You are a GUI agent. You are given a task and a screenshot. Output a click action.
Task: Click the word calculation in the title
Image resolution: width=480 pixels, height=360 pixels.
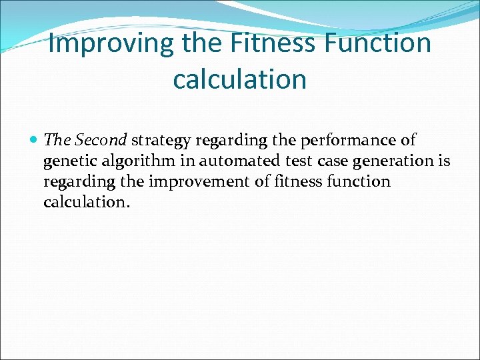click(239, 79)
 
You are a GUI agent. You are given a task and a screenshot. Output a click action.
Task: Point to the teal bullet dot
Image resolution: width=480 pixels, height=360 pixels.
click(34, 141)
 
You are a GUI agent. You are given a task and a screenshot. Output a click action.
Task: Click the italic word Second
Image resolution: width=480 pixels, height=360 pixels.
click(101, 140)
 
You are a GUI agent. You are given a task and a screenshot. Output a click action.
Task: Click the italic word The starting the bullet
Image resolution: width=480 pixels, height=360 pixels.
click(57, 140)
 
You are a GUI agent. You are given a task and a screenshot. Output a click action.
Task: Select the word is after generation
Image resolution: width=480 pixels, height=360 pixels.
click(444, 161)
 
